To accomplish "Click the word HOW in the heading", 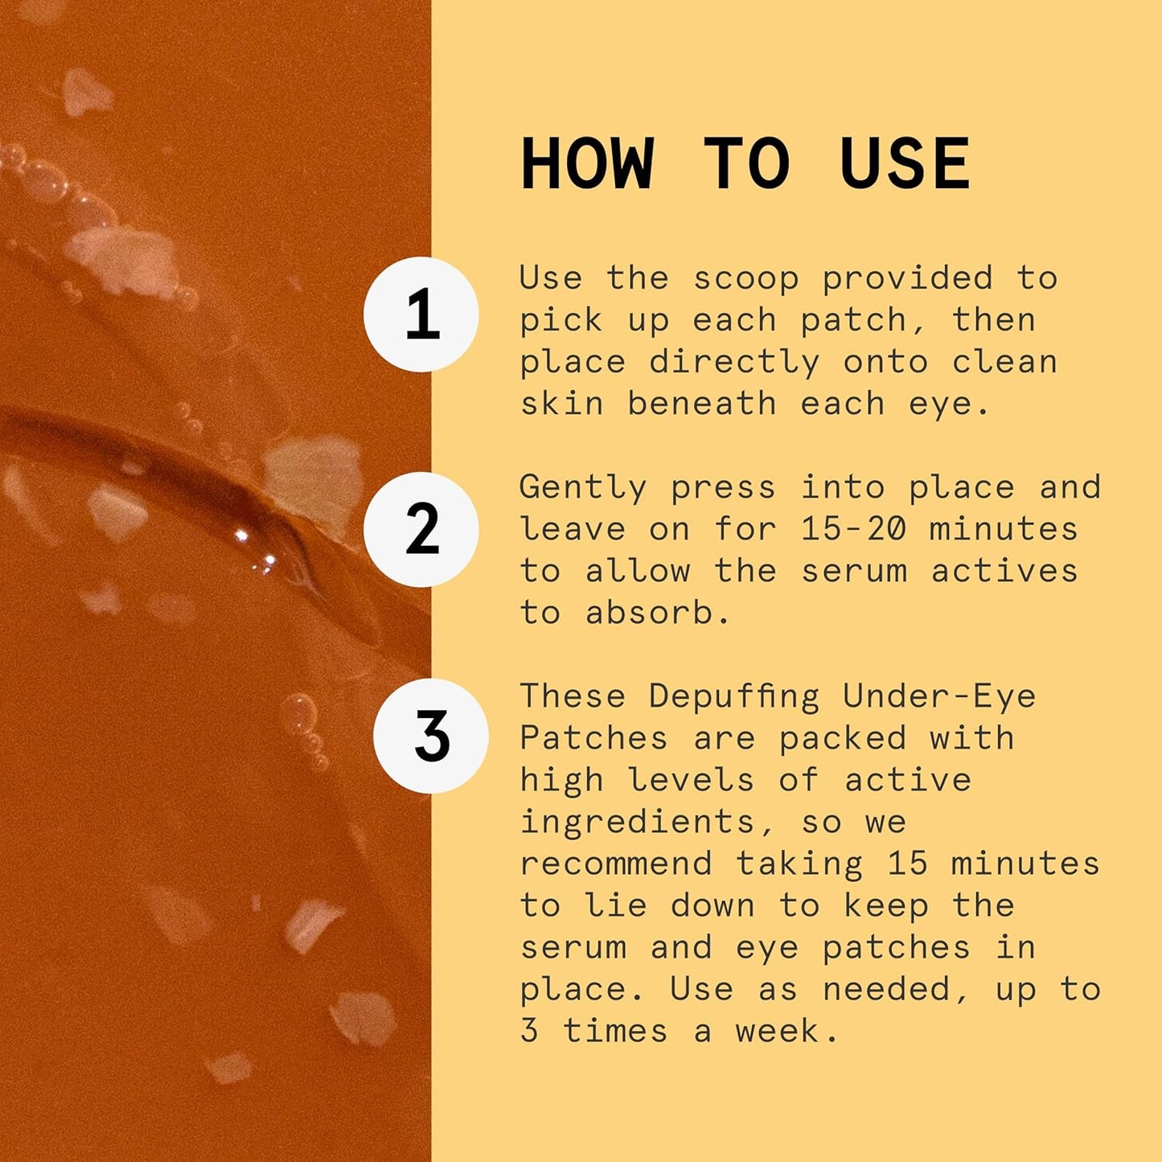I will point(587,164).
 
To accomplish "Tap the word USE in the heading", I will point(905,164).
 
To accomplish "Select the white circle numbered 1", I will point(421,314).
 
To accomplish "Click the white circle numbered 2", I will point(421,530).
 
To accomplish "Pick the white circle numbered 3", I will point(431,736).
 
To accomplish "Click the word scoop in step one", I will point(745,278).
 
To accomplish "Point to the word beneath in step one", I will point(702,403).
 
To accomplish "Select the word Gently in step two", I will point(583,487).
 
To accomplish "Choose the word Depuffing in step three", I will point(734,696).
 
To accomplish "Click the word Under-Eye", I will point(939,696).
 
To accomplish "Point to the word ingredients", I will point(637,822).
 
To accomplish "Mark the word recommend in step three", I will point(616,864).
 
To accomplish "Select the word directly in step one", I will point(734,362).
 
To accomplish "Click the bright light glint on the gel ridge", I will point(240,535).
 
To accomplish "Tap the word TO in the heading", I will point(746,164).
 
